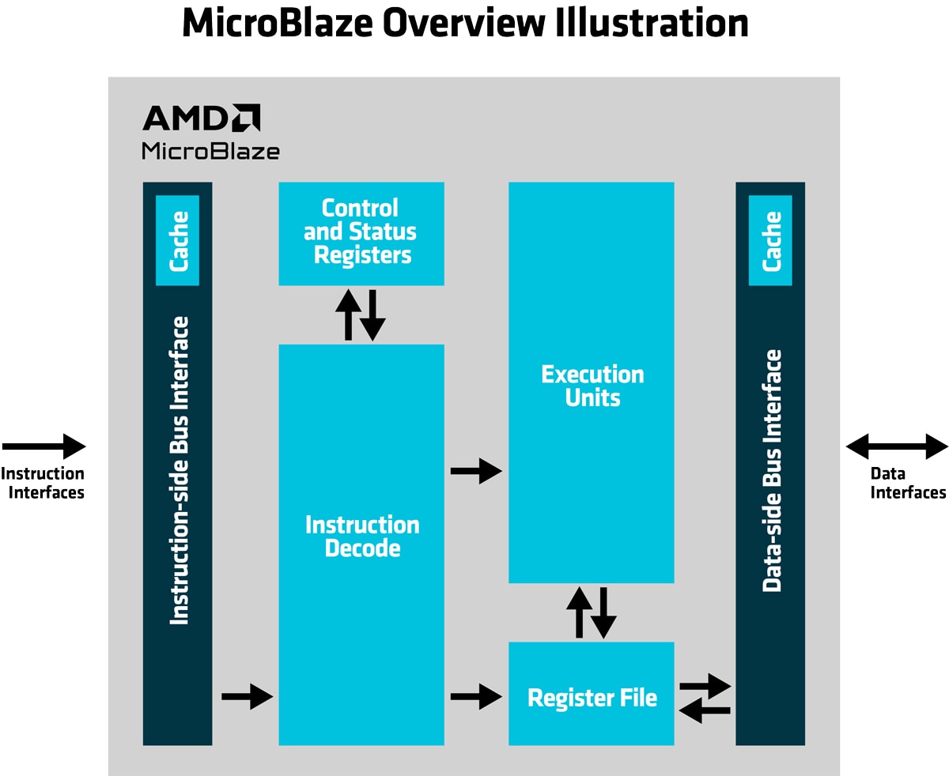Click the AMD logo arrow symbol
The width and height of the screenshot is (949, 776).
[x=246, y=118]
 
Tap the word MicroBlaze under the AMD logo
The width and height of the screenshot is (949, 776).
[x=210, y=151]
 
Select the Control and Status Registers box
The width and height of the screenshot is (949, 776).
[x=361, y=233]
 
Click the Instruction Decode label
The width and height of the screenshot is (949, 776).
[x=362, y=537]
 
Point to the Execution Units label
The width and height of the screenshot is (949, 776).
[x=592, y=386]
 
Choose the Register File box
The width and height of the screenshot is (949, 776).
[x=592, y=694]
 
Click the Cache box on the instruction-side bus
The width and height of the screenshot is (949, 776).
[x=177, y=240]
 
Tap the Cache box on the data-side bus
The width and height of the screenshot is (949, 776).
[x=770, y=240]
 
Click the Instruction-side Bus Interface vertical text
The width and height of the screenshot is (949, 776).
[x=179, y=470]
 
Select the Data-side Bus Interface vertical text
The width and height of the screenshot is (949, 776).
[x=772, y=470]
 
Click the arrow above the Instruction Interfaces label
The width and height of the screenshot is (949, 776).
[x=44, y=446]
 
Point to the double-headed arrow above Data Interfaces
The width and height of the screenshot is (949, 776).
[x=898, y=446]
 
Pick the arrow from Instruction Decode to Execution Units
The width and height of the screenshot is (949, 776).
[x=477, y=471]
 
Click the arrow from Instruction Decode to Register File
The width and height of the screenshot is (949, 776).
[x=477, y=697]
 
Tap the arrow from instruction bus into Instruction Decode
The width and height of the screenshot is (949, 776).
[x=247, y=697]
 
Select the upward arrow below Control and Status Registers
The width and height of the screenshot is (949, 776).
[x=348, y=315]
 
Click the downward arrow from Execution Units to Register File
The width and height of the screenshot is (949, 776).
[x=603, y=612]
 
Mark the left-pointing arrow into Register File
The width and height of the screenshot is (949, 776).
[x=705, y=711]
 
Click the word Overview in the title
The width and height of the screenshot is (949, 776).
[x=463, y=23]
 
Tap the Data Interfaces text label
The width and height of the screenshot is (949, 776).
[x=908, y=484]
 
